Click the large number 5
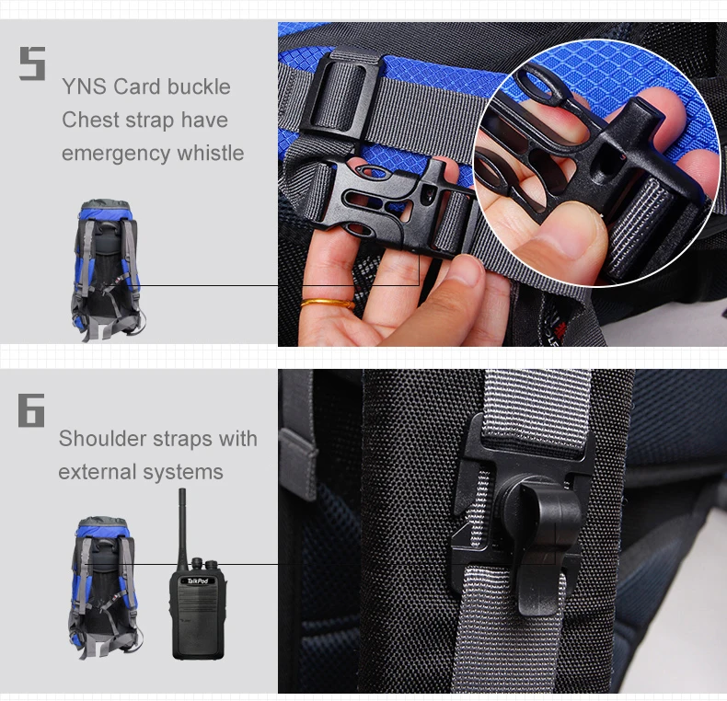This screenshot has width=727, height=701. click(x=32, y=63)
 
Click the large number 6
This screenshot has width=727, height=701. click(x=31, y=410)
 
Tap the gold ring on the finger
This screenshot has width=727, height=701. click(x=328, y=304)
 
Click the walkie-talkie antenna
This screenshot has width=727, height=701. click(x=183, y=530)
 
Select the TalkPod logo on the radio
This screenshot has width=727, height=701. click(x=198, y=580)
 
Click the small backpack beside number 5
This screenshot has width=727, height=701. click(x=107, y=270)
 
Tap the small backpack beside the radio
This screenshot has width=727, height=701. click(x=105, y=587)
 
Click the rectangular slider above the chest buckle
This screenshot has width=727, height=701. click(x=341, y=94)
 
